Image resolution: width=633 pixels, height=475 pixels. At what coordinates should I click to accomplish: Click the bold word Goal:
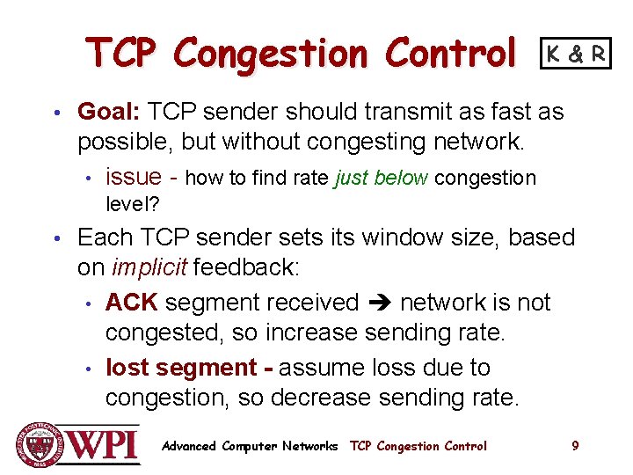click(109, 112)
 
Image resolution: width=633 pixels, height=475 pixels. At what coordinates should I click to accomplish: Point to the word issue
click(134, 178)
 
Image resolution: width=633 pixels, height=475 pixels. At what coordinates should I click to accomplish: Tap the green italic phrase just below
click(382, 178)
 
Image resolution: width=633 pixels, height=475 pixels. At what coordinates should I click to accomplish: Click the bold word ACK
click(131, 303)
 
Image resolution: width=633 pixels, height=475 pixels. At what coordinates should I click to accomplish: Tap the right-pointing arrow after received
click(378, 303)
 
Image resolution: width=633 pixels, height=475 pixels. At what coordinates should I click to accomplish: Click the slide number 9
click(575, 446)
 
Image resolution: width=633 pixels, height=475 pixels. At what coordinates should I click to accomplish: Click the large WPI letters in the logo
click(102, 444)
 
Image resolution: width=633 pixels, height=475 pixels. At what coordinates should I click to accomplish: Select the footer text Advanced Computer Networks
click(250, 446)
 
